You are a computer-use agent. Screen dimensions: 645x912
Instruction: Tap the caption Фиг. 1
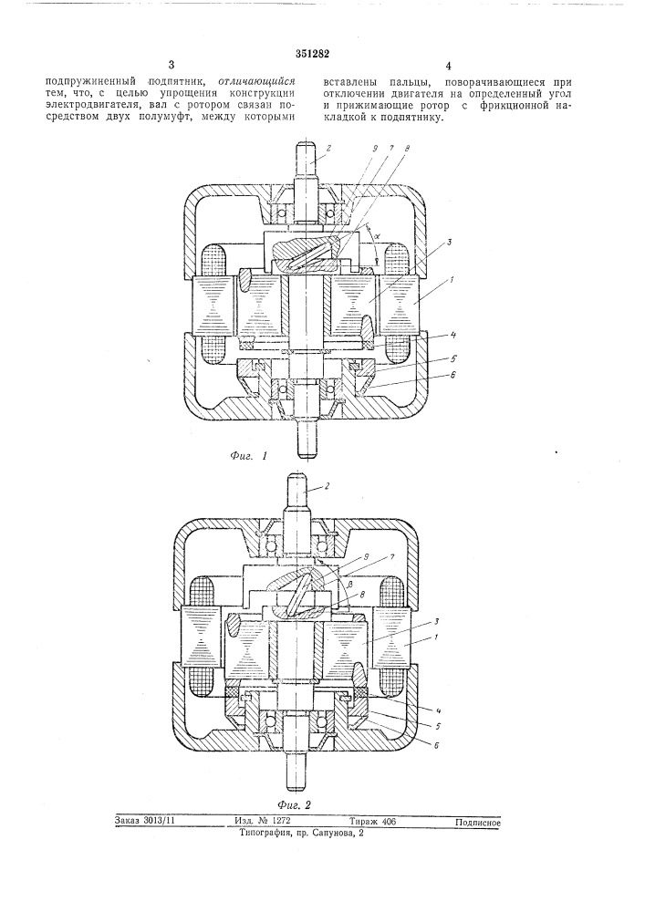(248, 456)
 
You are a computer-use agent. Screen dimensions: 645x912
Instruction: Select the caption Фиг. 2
(295, 805)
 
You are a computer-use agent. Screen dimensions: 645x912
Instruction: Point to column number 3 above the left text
(171, 65)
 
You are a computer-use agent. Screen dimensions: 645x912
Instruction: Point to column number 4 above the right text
(448, 66)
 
